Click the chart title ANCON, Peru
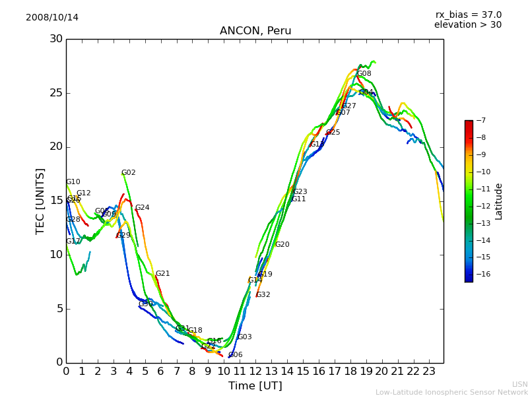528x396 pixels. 255,31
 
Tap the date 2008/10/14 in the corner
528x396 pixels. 52,17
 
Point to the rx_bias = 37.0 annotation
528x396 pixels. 468,15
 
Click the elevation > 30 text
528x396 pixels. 467,25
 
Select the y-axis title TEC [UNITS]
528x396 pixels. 41,201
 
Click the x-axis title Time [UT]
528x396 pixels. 255,385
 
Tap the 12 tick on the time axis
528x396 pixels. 255,371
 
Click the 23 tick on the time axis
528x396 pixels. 429,371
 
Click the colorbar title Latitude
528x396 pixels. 499,201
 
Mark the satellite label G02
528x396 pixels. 129,173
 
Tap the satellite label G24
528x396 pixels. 143,208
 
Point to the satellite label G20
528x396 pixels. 282,245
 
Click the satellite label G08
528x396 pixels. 364,74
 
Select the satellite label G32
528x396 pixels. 263,295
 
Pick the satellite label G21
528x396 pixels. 163,274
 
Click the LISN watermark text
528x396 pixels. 520,384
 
